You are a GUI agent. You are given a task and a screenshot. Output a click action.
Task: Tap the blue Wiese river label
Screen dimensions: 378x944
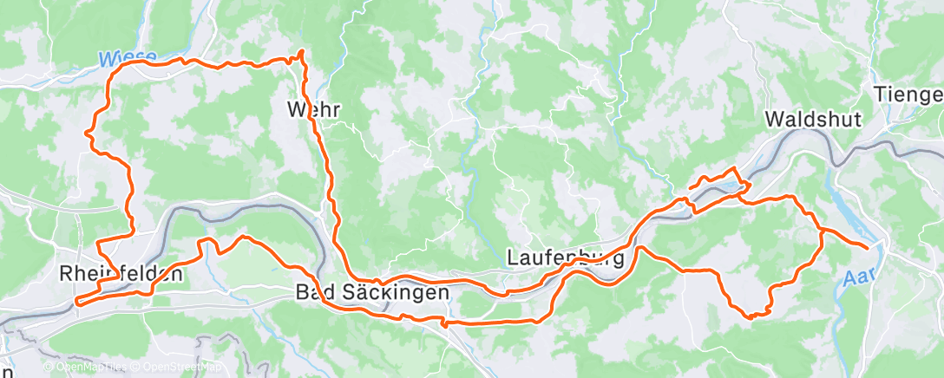pos(127,59)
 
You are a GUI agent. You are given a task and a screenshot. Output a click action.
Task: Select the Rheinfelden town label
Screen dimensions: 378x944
pos(121,274)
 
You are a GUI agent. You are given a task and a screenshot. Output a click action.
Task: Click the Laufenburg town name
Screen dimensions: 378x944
pos(565,258)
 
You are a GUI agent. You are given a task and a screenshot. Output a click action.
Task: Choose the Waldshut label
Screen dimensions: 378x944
pos(813,121)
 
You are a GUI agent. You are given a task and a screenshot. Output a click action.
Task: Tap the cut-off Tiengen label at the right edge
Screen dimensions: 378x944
pos(908,94)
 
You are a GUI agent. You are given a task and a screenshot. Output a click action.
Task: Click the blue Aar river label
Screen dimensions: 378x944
pos(857,277)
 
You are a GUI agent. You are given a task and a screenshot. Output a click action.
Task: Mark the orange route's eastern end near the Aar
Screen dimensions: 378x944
pos(867,248)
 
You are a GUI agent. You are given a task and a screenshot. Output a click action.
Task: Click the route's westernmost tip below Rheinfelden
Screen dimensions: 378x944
pos(76,303)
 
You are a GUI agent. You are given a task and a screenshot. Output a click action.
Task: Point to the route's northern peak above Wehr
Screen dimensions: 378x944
pos(301,53)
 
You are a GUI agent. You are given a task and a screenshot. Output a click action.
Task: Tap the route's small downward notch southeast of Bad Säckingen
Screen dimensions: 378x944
pos(444,326)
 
